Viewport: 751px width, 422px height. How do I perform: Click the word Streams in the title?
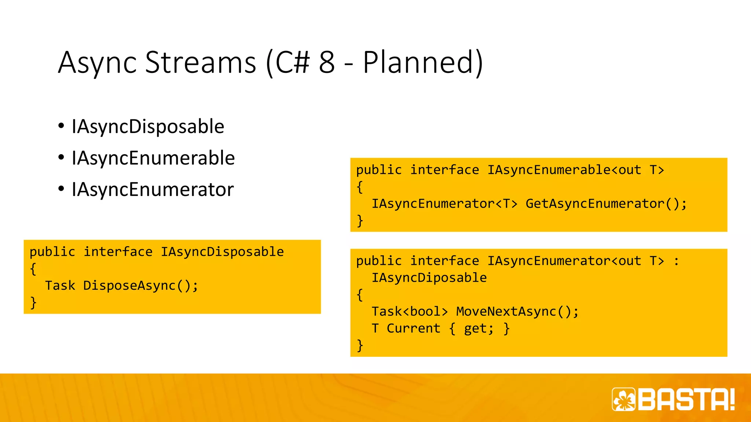[x=201, y=62]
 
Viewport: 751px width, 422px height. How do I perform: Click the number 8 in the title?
[x=327, y=62]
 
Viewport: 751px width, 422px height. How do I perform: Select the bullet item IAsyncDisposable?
[x=148, y=127]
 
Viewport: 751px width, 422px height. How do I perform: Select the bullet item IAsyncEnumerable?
[x=153, y=158]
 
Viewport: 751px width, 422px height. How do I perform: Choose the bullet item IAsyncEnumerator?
[x=153, y=190]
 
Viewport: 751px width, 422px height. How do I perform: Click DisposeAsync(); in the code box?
[x=141, y=286]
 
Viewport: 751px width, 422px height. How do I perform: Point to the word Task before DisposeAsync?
[x=60, y=286]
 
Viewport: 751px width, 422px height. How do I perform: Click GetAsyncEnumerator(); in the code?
[x=606, y=204]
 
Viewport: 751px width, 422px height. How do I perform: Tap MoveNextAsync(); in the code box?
[x=517, y=311]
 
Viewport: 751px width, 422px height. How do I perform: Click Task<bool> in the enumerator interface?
[x=410, y=311]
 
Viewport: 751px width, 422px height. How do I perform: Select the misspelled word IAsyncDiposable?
[x=429, y=278]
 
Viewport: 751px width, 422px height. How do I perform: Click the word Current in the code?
[x=413, y=328]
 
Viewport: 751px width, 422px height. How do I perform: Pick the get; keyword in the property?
[x=479, y=329]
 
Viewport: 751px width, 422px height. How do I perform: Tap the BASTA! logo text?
[x=686, y=399]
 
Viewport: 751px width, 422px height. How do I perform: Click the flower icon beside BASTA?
[x=624, y=399]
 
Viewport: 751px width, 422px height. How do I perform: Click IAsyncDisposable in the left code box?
[x=222, y=252]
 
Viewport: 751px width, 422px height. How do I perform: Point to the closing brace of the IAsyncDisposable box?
[x=33, y=303]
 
